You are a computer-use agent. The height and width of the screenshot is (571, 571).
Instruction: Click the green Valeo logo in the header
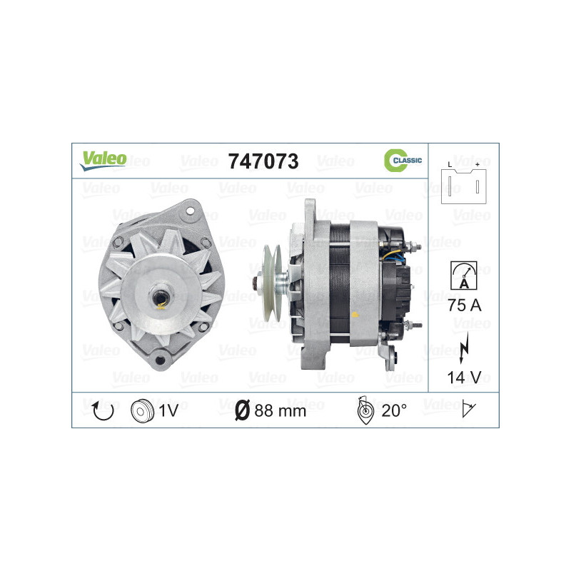point(103,160)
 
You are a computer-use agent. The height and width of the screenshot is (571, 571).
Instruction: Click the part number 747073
point(263,161)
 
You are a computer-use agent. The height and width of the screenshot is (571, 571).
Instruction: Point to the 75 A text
point(463,305)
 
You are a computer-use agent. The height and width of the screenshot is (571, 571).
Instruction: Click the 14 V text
point(463,376)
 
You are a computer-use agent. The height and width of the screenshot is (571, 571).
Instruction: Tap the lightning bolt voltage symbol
point(463,345)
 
